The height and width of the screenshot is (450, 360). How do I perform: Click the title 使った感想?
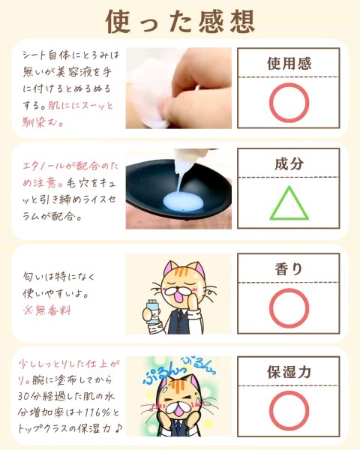pyautogui.click(x=180, y=21)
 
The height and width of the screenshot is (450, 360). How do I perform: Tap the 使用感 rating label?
pyautogui.click(x=289, y=64)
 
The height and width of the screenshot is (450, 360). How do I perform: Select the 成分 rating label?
pyautogui.click(x=289, y=163)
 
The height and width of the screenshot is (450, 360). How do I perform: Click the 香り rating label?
pyautogui.click(x=289, y=269)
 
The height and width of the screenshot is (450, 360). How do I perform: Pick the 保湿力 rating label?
pyautogui.click(x=289, y=372)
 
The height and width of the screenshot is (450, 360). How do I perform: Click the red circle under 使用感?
pyautogui.click(x=270, y=103)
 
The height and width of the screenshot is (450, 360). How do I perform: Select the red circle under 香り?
pyautogui.click(x=270, y=308)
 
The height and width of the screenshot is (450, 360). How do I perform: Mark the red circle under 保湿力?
pyautogui.click(x=270, y=411)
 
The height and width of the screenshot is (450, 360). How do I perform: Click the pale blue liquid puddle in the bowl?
pyautogui.click(x=183, y=201)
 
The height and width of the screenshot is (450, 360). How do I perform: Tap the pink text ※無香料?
pyautogui.click(x=46, y=310)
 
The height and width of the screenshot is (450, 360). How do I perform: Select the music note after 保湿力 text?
pyautogui.click(x=118, y=429)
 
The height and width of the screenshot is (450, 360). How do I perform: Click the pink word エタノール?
pyautogui.click(x=44, y=166)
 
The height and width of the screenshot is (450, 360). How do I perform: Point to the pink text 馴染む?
pyautogui.click(x=43, y=123)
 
